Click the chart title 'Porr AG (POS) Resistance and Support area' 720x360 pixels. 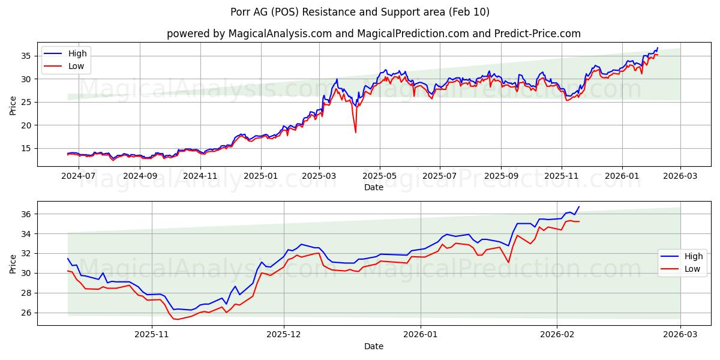[x=360, y=12]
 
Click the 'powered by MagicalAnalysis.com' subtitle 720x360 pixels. [x=374, y=34]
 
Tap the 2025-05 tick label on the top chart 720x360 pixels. [x=379, y=176]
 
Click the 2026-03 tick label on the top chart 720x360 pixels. [x=680, y=176]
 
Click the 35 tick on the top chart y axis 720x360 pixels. [x=26, y=56]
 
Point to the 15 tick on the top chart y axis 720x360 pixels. [x=26, y=148]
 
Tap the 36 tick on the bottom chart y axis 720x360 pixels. [x=26, y=214]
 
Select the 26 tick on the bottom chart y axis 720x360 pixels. [x=26, y=313]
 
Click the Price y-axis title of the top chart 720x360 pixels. [x=13, y=104]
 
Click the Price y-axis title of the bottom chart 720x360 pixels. [x=13, y=263]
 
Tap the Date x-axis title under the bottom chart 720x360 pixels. [x=373, y=346]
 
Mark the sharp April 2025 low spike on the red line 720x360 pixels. [x=356, y=132]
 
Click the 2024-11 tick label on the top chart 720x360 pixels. [x=200, y=176]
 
